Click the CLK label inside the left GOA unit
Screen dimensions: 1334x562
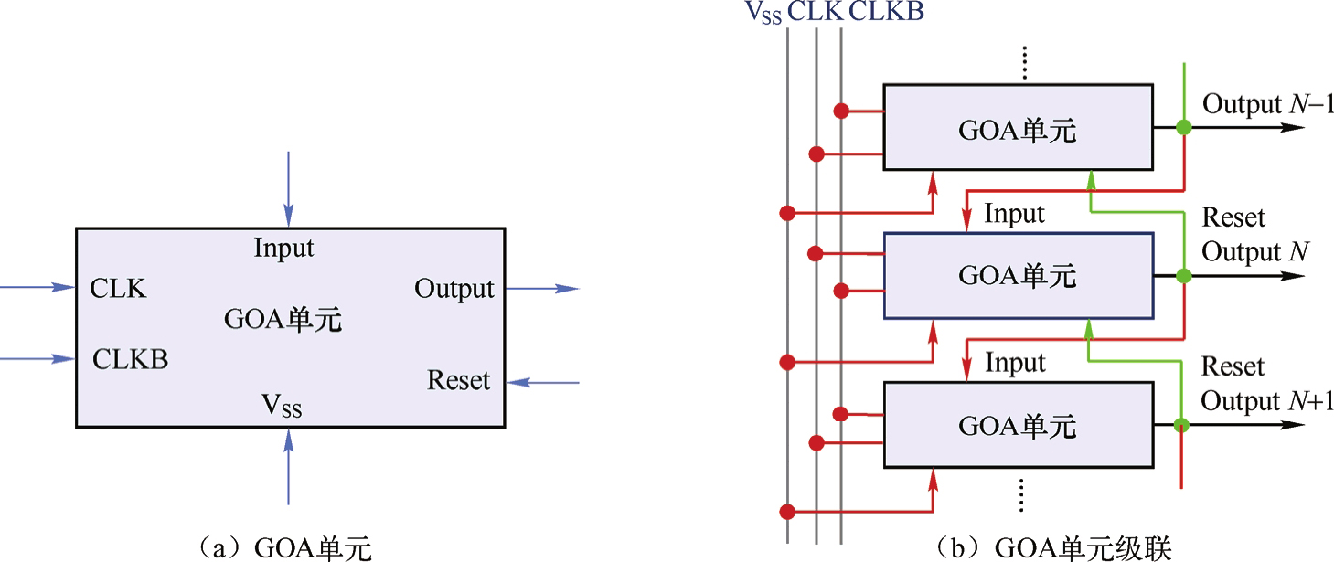[118, 288]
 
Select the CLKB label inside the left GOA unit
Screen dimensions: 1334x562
[131, 359]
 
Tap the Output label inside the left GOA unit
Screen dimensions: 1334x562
[454, 290]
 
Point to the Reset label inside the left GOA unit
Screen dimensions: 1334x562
[459, 380]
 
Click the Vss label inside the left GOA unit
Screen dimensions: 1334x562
[282, 407]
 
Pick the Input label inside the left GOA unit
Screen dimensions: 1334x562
[283, 249]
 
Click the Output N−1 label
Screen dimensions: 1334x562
[1267, 105]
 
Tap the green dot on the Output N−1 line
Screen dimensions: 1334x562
[1184, 127]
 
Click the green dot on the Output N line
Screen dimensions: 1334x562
[1184, 276]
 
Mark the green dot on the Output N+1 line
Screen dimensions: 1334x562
[1181, 425]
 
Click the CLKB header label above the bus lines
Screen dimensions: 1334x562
[886, 12]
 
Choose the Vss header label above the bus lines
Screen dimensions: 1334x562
[763, 13]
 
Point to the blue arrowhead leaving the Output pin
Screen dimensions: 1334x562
[567, 289]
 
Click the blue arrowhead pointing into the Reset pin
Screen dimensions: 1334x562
[518, 382]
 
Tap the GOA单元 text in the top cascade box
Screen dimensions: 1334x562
[1017, 131]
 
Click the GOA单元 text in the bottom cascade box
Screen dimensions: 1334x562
[1017, 426]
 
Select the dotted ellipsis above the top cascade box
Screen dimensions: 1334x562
[1024, 62]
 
